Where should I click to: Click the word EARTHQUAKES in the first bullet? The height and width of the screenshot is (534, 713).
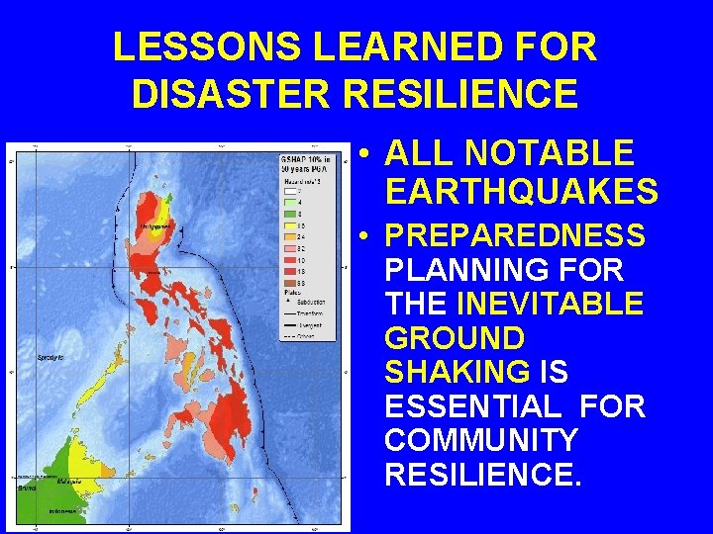[521, 189]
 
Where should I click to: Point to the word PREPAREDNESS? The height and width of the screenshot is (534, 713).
[515, 236]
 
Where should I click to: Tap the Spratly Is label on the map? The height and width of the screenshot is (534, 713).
[51, 356]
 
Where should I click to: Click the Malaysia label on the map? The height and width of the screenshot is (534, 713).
[69, 482]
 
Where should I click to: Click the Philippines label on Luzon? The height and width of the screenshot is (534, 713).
[156, 226]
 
